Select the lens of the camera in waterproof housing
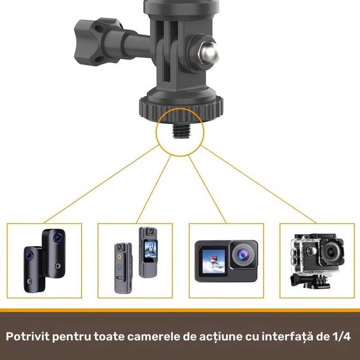329,252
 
